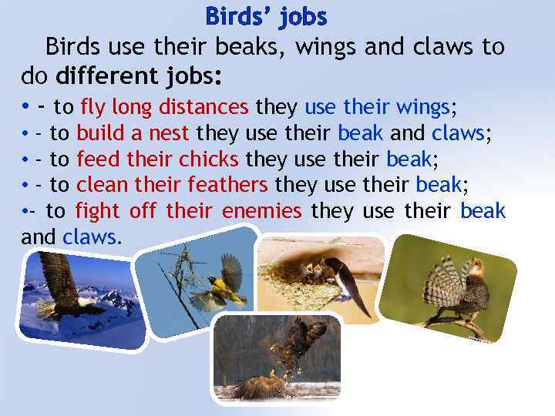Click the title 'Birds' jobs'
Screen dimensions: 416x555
click(x=266, y=16)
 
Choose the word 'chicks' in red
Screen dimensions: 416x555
click(x=210, y=159)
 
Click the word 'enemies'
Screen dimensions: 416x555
click(x=261, y=210)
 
